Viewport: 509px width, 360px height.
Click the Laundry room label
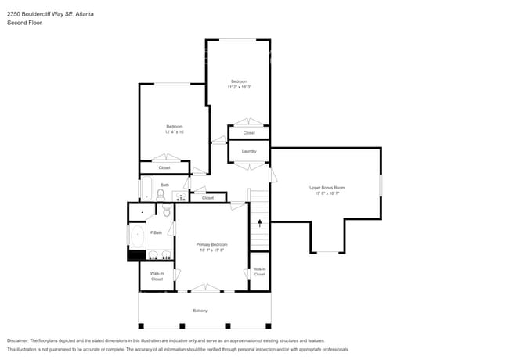[x=249, y=151]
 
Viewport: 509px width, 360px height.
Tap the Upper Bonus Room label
[x=327, y=188]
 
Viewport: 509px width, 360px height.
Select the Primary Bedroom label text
[x=211, y=245]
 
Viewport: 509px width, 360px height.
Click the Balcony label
[x=200, y=311]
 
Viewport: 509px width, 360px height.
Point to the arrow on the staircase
[x=260, y=223]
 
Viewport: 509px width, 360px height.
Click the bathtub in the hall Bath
[x=146, y=189]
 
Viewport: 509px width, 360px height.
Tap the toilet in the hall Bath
[x=161, y=193]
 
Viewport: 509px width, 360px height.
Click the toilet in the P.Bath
[x=167, y=212]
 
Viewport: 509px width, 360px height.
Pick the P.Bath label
[x=157, y=232]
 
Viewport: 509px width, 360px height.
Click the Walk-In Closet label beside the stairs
[x=259, y=272]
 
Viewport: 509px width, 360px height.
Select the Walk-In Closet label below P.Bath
[x=157, y=276]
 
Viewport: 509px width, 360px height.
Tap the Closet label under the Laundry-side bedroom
[x=249, y=132]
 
